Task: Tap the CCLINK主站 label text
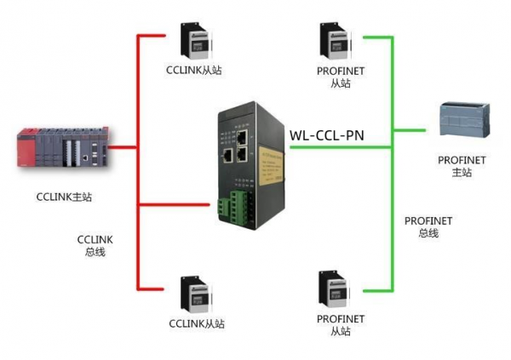click(64, 197)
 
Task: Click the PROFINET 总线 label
click(428, 226)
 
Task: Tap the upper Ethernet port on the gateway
click(244, 135)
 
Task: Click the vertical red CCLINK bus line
click(138, 162)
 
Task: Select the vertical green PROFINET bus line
click(393, 162)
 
